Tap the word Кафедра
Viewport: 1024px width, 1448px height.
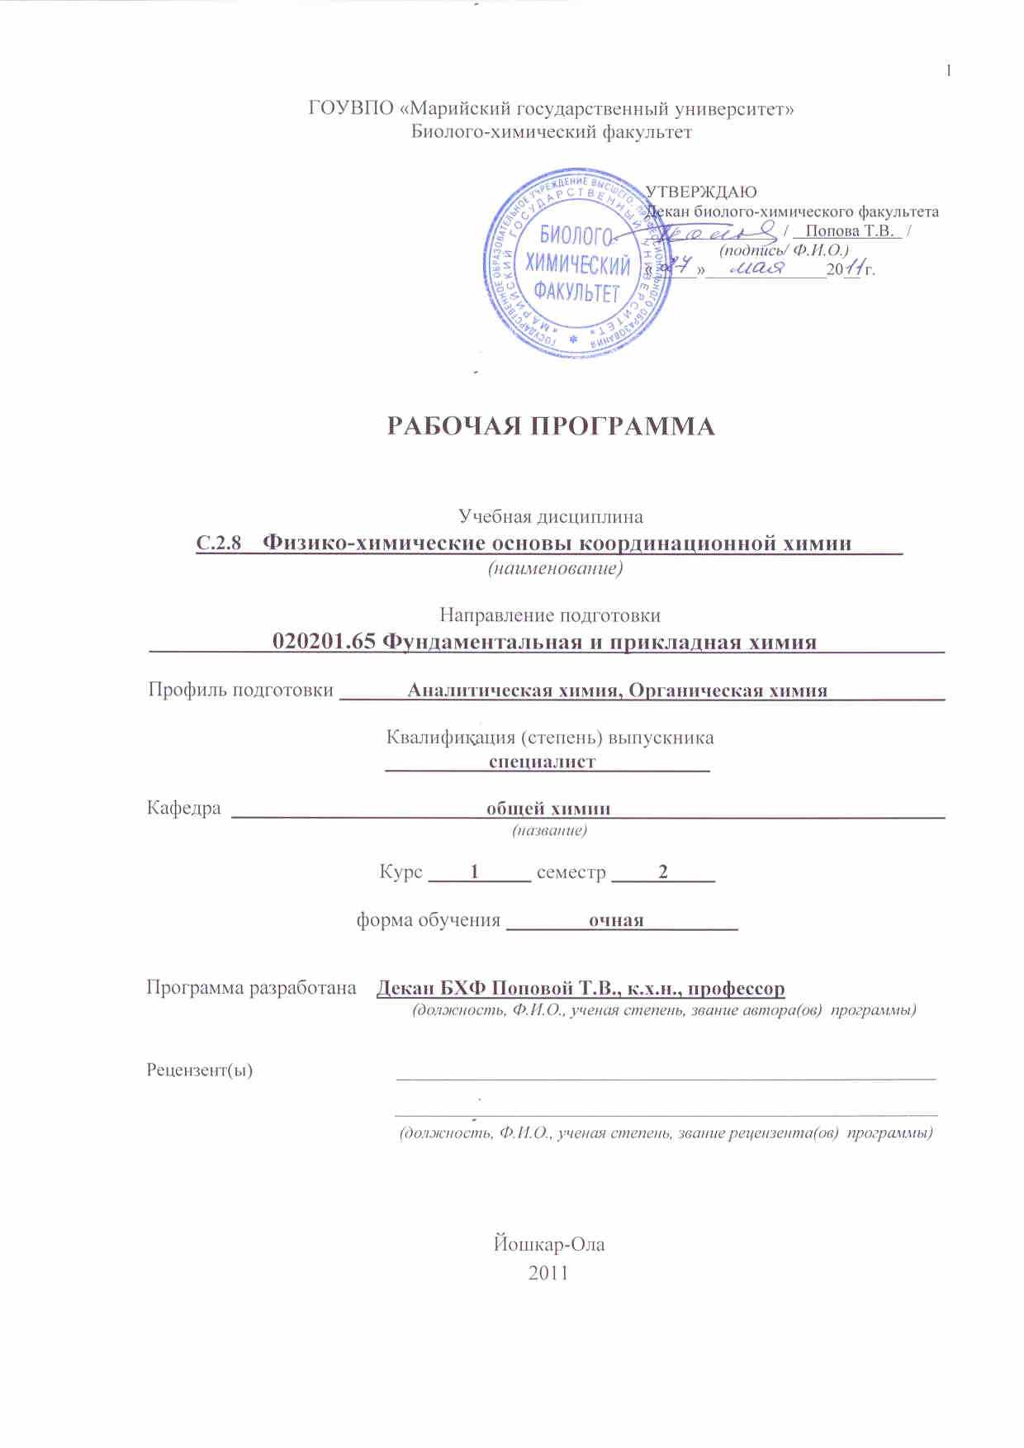[183, 808]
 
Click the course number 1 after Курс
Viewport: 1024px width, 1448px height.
[474, 871]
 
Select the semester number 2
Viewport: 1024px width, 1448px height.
[662, 871]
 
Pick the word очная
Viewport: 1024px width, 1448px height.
[615, 920]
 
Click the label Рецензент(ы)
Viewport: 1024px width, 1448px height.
[200, 1070]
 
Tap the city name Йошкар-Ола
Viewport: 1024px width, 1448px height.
[548, 1243]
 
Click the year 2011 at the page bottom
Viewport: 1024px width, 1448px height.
[548, 1272]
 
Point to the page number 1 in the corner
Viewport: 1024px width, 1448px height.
[949, 71]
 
